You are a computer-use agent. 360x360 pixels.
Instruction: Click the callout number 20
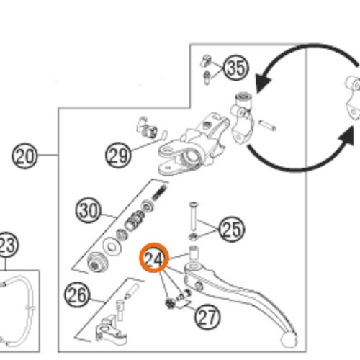click(24, 156)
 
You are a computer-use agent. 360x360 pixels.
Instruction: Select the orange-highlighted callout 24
click(154, 258)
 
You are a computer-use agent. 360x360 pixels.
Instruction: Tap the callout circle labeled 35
click(236, 68)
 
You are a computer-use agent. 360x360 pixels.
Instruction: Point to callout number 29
click(118, 156)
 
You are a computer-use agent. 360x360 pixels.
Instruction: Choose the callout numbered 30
click(89, 210)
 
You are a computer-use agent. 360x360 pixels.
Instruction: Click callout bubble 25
click(232, 229)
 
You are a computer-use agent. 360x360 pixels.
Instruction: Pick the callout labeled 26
click(77, 295)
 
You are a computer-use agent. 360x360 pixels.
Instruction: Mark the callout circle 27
click(207, 317)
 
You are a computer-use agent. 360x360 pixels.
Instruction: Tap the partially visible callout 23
click(7, 245)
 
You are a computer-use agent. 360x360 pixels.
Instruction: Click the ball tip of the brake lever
click(289, 341)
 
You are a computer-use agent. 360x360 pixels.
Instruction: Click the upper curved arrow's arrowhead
click(263, 84)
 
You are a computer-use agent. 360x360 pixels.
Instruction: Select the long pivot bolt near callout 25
click(193, 215)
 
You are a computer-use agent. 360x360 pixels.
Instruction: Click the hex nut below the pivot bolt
click(193, 237)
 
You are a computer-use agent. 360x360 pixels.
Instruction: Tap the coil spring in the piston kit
click(159, 192)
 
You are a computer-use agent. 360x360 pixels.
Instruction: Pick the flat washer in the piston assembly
click(112, 246)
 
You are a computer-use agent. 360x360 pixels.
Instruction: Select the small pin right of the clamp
click(267, 125)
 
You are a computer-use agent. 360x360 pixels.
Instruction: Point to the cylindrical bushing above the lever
click(194, 252)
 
